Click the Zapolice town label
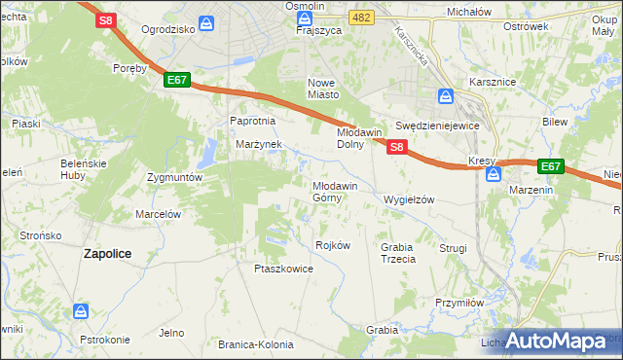click(108, 253)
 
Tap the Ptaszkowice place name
click(283, 269)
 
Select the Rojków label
click(333, 245)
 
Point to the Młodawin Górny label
click(336, 191)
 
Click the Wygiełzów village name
click(409, 198)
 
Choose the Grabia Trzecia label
click(398, 253)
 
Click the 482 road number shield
click(362, 18)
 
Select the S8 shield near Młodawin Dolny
click(397, 146)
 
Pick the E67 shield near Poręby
click(176, 80)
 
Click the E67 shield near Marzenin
click(551, 166)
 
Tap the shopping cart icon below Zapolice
click(82, 311)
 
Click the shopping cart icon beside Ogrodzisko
click(207, 23)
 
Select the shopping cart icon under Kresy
click(494, 175)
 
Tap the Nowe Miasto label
click(323, 89)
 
